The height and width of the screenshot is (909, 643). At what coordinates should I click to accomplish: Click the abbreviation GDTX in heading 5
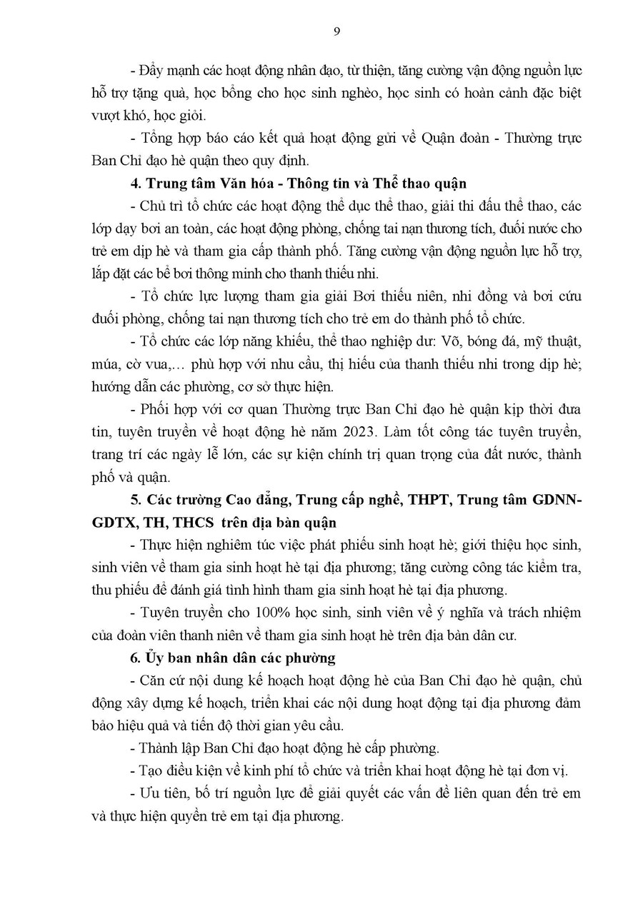point(115,521)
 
